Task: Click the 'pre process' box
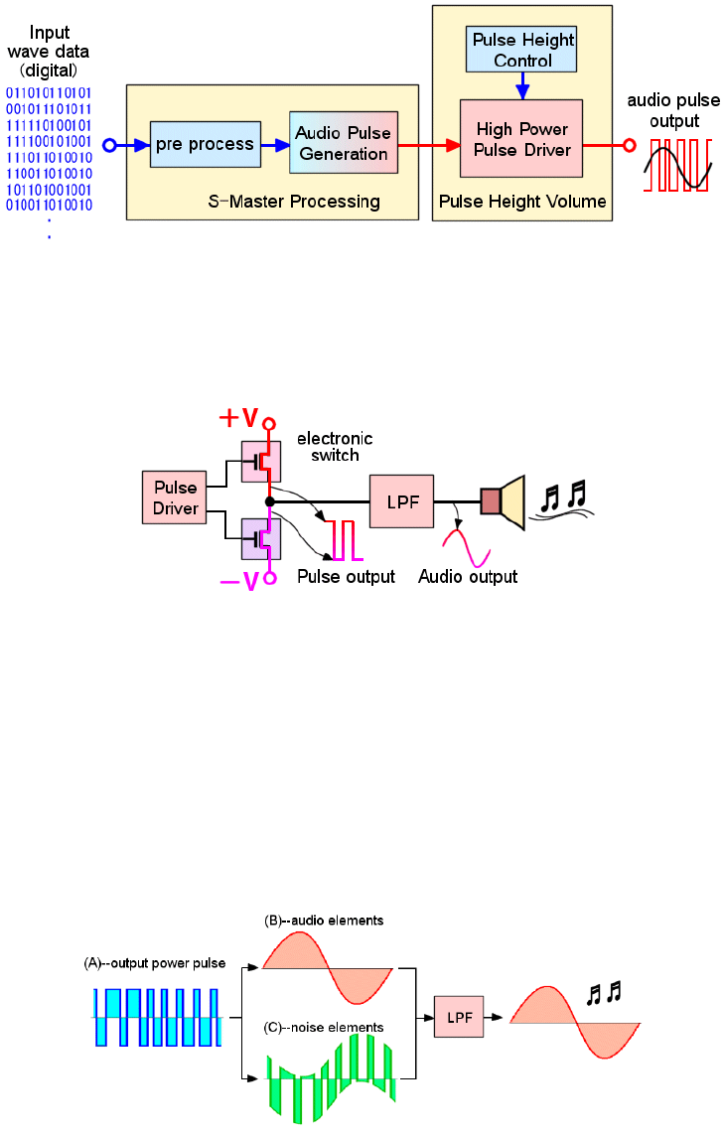click(x=205, y=145)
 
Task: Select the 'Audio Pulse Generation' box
click(x=343, y=144)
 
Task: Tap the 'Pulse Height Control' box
click(x=522, y=50)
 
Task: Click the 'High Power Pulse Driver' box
click(x=521, y=140)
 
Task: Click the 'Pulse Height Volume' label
click(x=522, y=202)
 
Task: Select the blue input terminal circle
click(x=110, y=145)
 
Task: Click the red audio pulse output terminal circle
click(x=629, y=145)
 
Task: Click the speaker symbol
click(x=505, y=500)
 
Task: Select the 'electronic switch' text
click(x=335, y=446)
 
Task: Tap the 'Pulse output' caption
click(x=346, y=577)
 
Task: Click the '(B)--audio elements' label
click(x=324, y=921)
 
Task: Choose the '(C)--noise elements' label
click(x=323, y=1027)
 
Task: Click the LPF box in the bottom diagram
click(x=459, y=1018)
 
